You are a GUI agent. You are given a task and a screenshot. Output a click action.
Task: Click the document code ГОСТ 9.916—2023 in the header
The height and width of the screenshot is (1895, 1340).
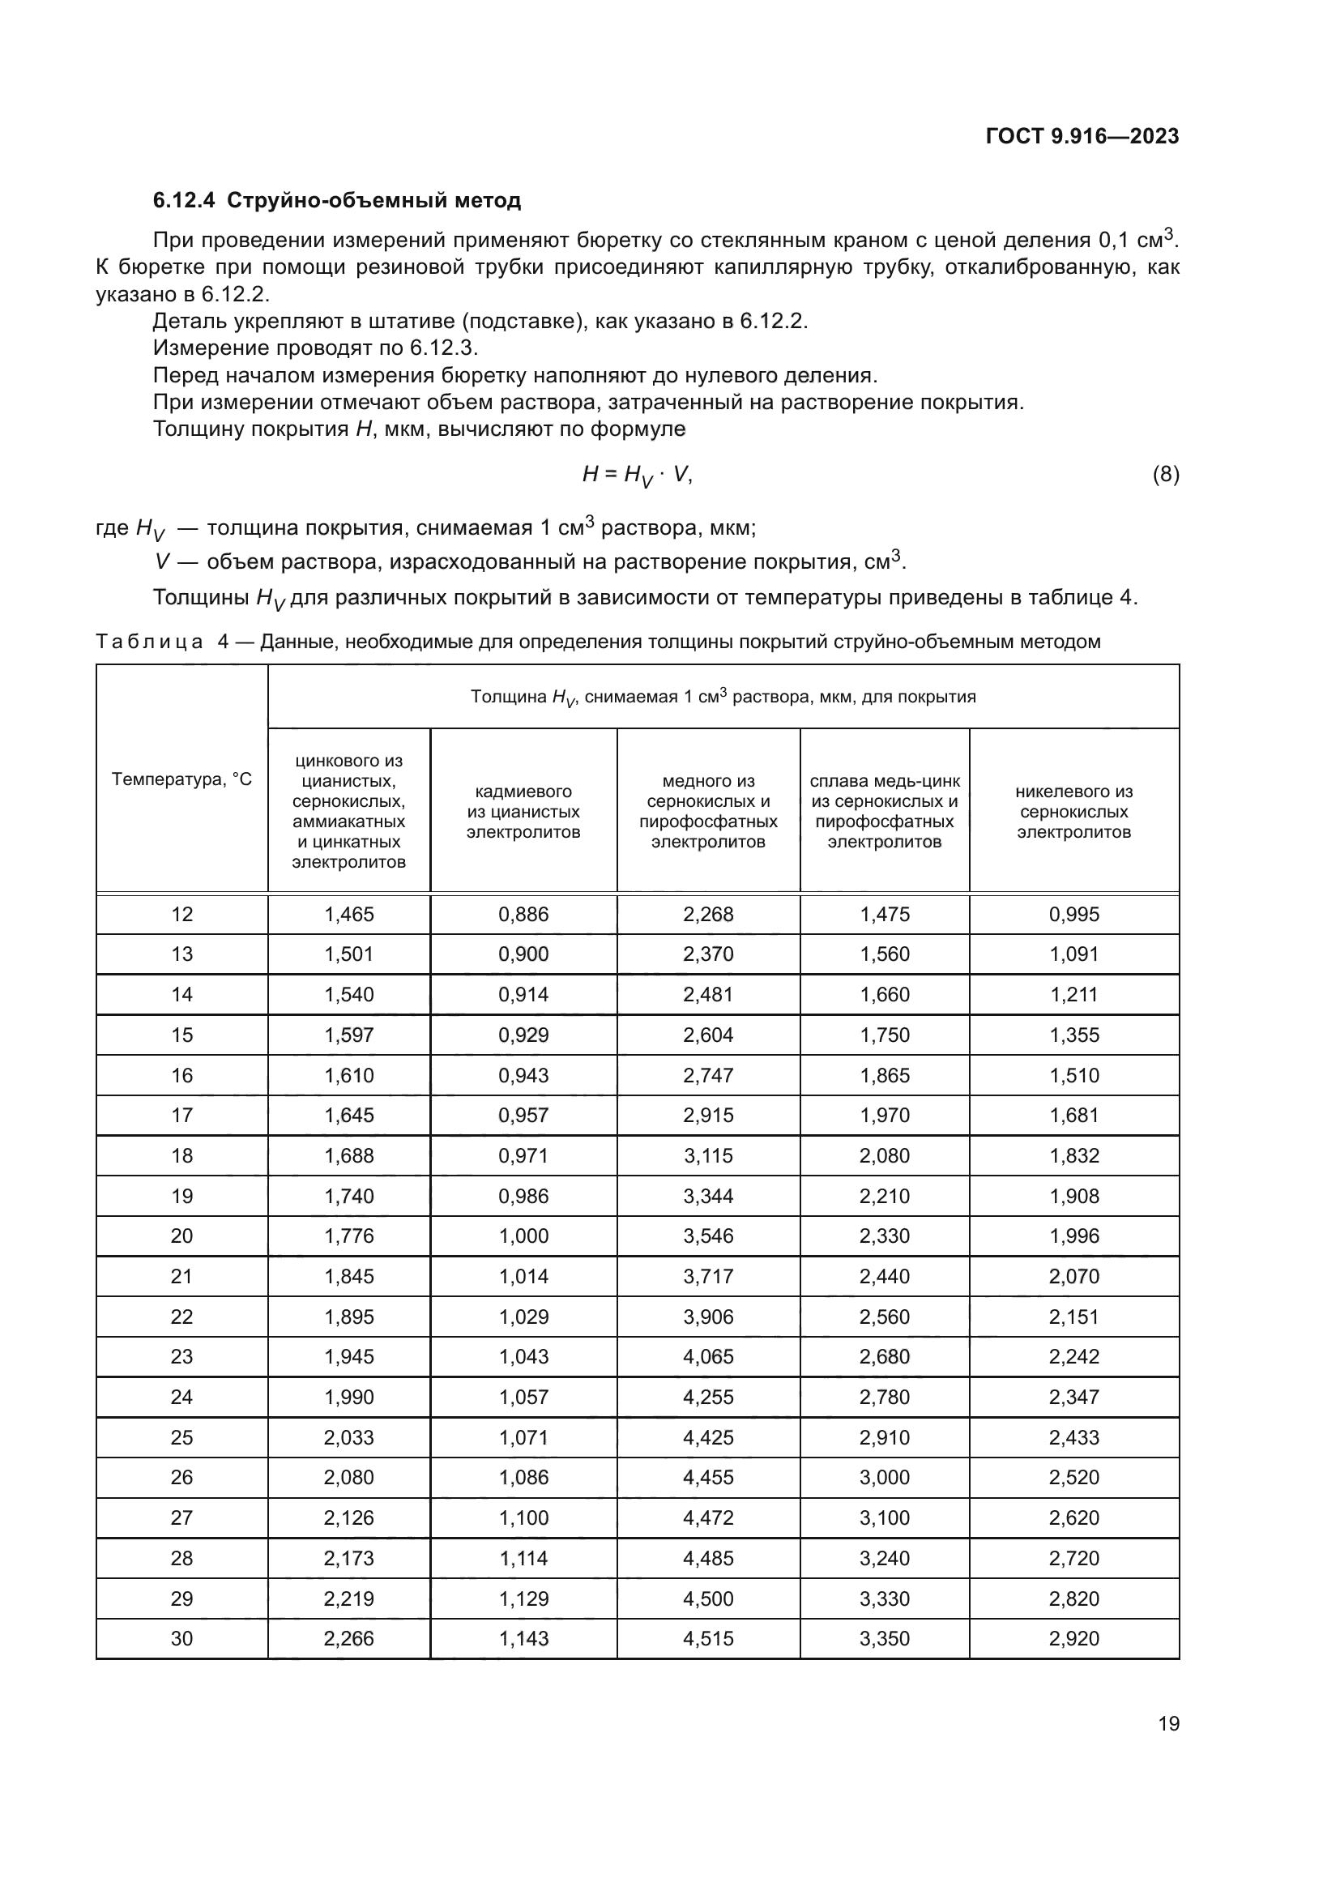tap(1082, 137)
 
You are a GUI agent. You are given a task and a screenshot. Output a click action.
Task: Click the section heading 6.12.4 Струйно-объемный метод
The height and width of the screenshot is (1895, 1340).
tap(337, 201)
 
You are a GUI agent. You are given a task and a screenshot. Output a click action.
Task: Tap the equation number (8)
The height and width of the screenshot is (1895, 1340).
tap(1165, 475)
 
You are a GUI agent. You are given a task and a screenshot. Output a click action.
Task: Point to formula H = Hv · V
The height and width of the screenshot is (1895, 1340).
tap(637, 475)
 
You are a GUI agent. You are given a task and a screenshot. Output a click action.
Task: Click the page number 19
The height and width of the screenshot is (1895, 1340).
tap(1168, 1723)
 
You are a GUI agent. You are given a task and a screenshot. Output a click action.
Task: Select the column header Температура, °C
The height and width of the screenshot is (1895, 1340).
tap(181, 779)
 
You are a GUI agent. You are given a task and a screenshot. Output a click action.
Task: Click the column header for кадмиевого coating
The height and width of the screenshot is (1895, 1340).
tap(523, 811)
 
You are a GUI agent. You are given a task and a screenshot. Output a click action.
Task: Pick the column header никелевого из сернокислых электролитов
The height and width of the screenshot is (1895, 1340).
tap(1073, 811)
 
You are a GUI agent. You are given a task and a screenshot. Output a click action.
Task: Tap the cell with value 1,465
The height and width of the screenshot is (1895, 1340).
tap(349, 915)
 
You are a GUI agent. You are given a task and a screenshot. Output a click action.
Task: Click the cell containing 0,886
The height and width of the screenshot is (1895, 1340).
tap(523, 915)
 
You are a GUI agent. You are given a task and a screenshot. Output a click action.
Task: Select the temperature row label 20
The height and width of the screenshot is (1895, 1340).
tap(181, 1236)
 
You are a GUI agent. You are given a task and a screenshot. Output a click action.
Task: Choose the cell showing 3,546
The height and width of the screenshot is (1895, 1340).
tap(708, 1236)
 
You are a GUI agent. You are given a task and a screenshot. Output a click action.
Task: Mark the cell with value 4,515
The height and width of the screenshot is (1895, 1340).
tap(708, 1639)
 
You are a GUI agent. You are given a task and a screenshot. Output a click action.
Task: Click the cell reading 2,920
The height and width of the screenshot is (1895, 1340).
tap(1073, 1639)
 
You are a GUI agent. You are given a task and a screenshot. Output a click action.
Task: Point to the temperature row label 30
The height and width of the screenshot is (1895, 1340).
tap(181, 1639)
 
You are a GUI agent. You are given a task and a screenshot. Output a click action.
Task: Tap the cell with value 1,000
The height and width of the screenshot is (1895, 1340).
tap(523, 1236)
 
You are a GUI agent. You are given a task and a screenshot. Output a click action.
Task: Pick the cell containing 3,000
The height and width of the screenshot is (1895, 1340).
tap(885, 1479)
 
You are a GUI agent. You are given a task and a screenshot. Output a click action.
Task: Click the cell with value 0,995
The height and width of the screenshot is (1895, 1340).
tap(1073, 915)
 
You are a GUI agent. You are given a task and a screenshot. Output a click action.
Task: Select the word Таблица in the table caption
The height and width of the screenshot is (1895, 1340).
tap(149, 642)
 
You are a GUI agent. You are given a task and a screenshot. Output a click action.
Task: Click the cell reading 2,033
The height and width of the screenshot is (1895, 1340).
tap(349, 1438)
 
